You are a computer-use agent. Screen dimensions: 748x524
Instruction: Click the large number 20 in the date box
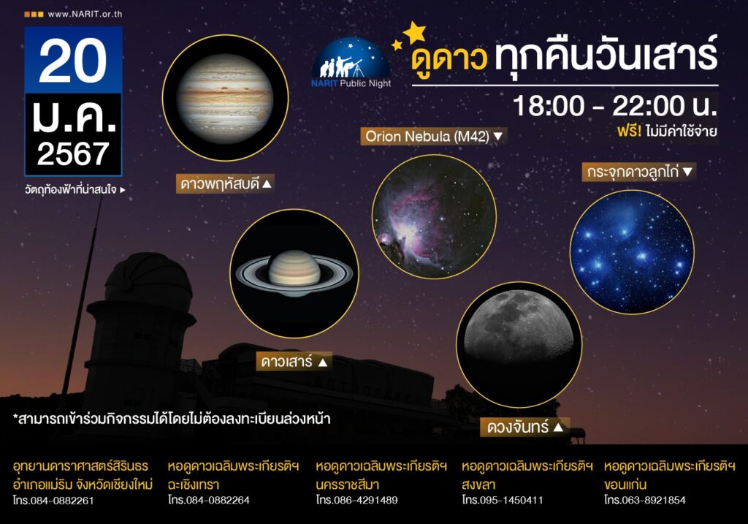[x=73, y=60]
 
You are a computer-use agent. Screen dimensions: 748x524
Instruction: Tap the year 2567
[x=73, y=153]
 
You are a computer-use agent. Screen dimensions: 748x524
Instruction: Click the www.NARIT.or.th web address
[x=85, y=15]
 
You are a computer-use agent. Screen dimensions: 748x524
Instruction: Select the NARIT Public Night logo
[x=351, y=63]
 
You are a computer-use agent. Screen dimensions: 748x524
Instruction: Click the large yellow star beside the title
[x=415, y=32]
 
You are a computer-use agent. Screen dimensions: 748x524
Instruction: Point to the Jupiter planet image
[x=225, y=99]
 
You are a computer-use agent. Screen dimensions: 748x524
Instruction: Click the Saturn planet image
[x=294, y=273]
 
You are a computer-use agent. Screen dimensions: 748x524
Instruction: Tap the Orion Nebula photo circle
[x=434, y=216]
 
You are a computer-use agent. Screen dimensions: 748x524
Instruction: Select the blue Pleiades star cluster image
[x=632, y=252]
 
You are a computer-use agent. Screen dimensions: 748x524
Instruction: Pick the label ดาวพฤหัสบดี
[x=226, y=183]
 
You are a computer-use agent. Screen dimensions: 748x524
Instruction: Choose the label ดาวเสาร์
[x=294, y=362]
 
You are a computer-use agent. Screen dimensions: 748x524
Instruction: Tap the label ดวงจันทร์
[x=524, y=427]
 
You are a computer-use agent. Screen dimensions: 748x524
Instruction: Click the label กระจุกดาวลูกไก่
[x=639, y=172]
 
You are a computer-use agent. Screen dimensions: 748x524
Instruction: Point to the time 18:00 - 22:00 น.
[x=615, y=105]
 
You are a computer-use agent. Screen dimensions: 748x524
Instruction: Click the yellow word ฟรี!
[x=629, y=131]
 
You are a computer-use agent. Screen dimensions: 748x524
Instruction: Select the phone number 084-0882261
[x=62, y=501]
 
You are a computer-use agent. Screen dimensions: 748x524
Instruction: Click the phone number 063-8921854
[x=654, y=500]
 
